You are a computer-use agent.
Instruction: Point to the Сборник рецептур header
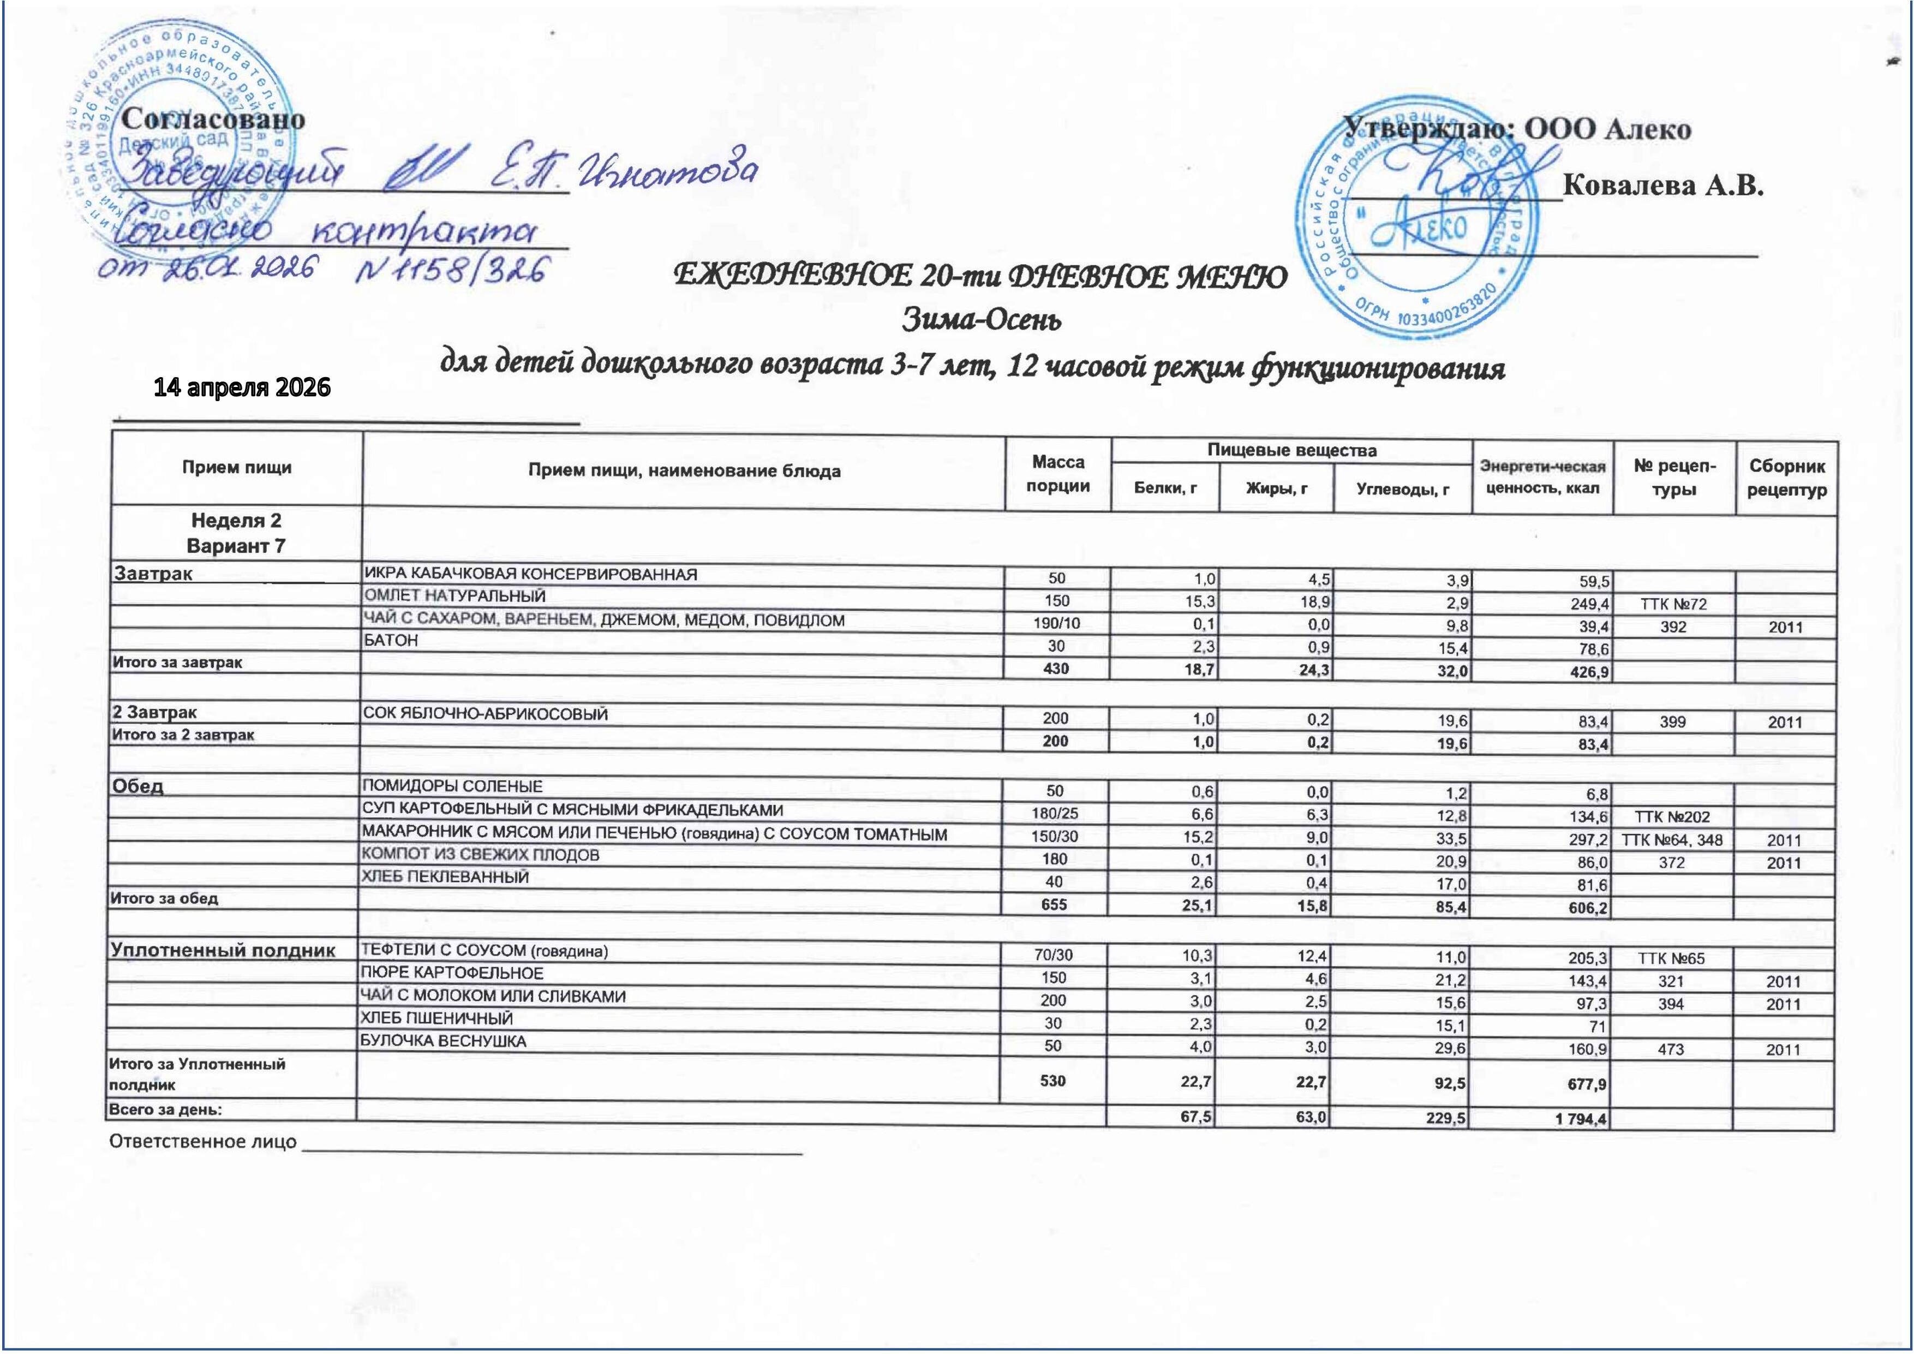coord(1786,478)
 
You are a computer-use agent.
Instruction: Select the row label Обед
coord(139,786)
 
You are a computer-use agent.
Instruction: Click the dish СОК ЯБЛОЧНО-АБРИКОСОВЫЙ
coord(485,714)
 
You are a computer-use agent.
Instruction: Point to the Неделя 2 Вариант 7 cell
coord(236,533)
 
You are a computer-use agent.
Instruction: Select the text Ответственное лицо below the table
coord(202,1141)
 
